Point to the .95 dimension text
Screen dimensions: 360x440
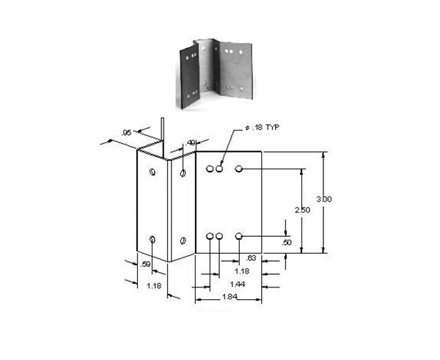click(126, 133)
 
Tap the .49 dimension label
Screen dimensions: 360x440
click(191, 143)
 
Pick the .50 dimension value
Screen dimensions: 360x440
click(286, 243)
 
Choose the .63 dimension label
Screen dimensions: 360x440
click(252, 258)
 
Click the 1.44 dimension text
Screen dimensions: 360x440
click(237, 283)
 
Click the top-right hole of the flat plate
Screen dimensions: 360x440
click(239, 169)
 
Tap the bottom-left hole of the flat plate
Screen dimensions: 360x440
click(210, 236)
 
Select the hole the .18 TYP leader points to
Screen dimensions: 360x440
click(219, 169)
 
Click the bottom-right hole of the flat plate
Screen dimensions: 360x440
click(239, 236)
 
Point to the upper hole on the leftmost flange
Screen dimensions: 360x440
click(152, 172)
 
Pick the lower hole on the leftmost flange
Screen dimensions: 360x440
click(152, 240)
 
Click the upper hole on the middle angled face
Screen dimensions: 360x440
click(182, 173)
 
